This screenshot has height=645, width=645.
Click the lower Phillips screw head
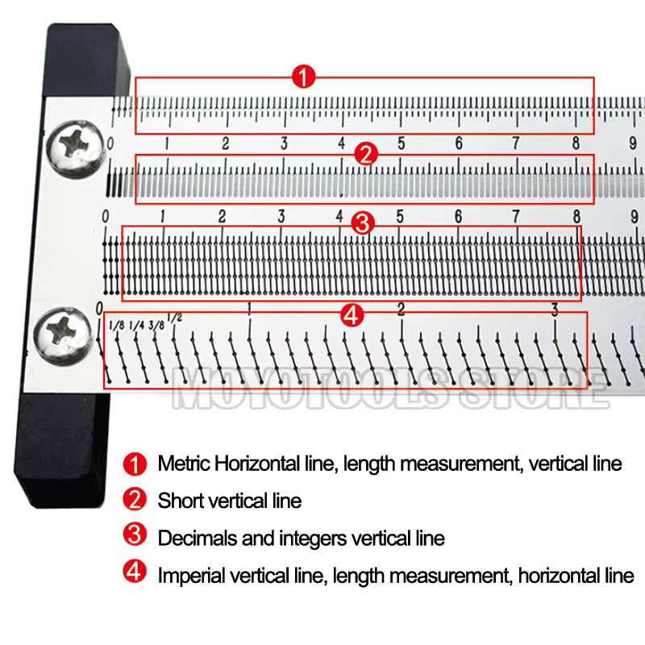point(62,335)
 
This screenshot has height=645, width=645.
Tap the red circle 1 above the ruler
point(304,77)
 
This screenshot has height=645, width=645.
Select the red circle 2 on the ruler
point(366,154)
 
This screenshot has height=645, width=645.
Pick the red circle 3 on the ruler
point(362,224)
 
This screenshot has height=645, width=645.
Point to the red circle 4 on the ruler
point(352,315)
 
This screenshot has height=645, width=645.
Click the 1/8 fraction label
point(117,326)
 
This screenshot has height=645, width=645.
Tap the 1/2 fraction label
point(175,318)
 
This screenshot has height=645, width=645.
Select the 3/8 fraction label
point(156,326)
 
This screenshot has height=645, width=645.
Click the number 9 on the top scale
point(633,144)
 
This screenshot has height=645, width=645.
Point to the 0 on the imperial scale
point(99,309)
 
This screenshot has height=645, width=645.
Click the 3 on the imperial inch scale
point(555,310)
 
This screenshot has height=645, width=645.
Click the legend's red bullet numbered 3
point(135,535)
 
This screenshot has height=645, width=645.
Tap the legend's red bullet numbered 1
point(135,464)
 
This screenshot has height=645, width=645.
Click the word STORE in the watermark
point(534,389)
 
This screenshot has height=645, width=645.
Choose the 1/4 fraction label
point(137,326)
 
